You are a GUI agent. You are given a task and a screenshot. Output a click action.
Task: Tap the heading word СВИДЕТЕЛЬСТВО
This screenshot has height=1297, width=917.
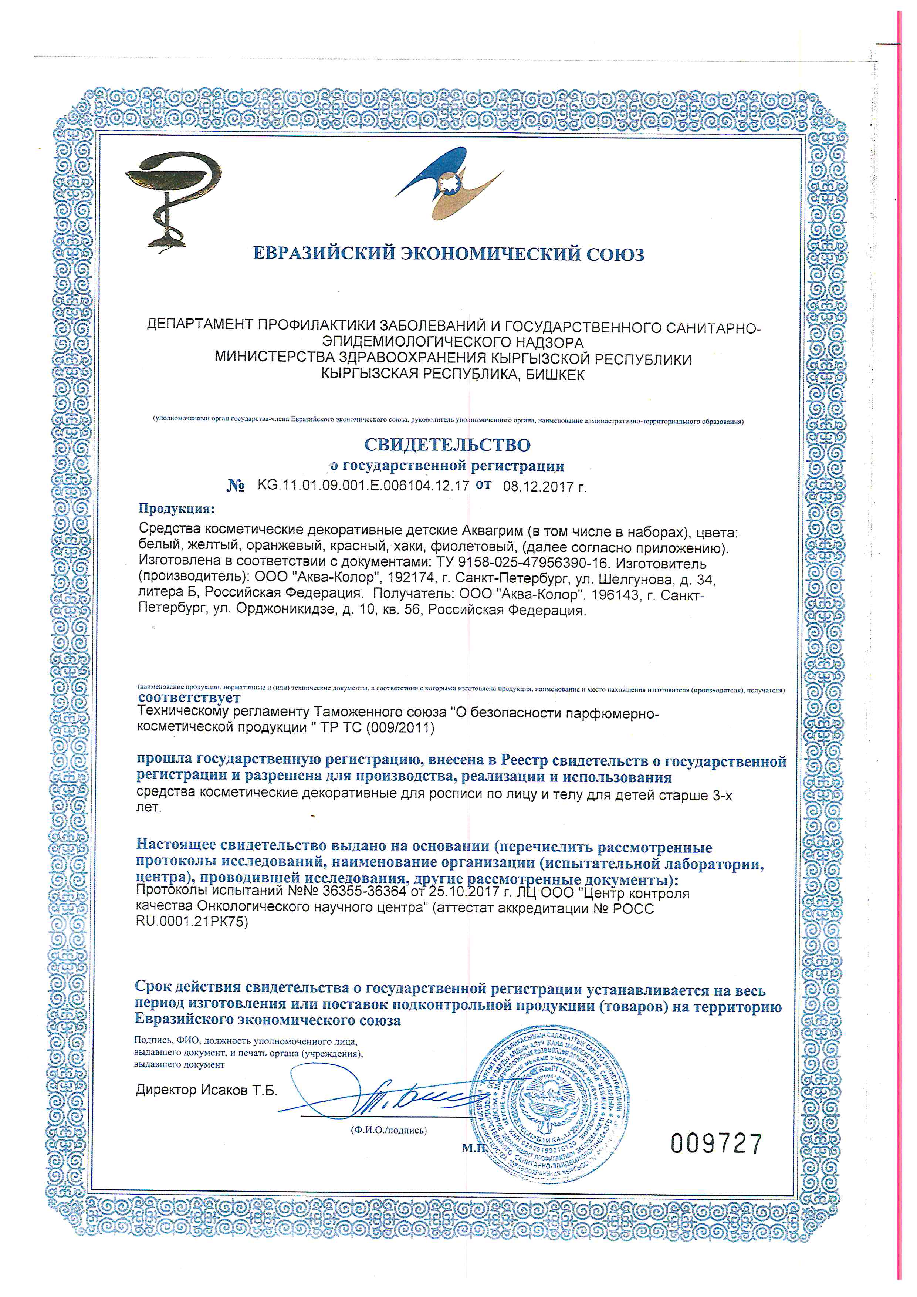(x=447, y=445)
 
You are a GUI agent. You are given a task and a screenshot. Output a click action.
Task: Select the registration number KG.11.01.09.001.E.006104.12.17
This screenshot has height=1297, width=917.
(x=363, y=485)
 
